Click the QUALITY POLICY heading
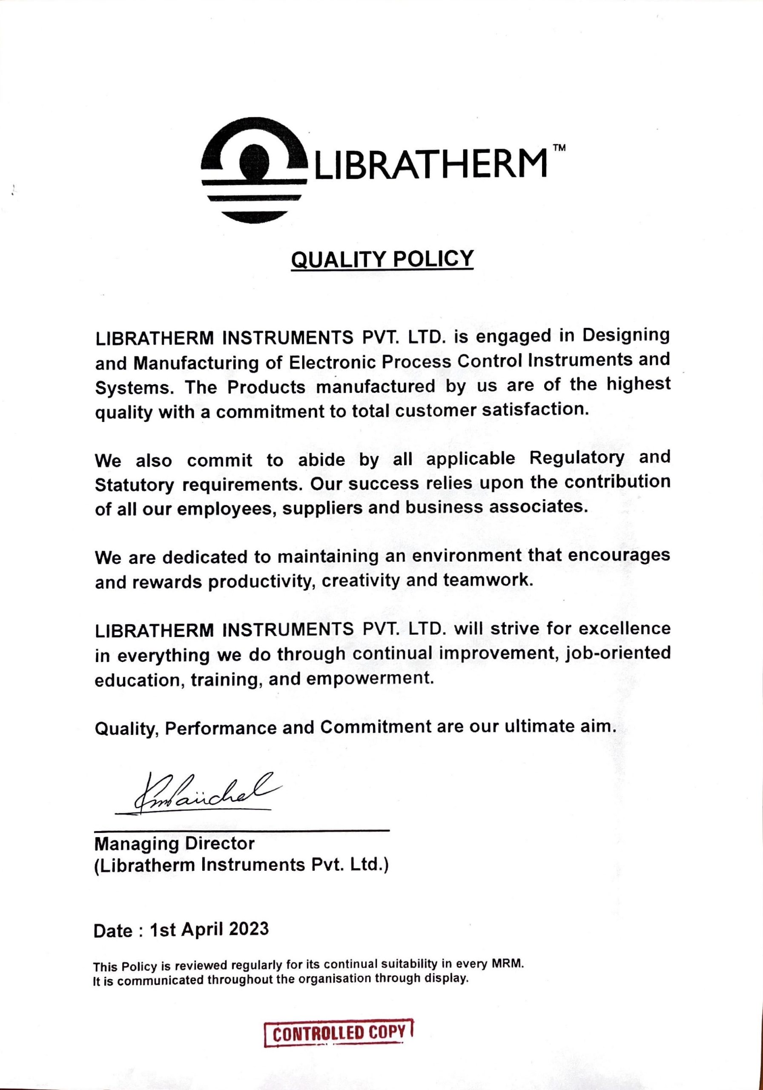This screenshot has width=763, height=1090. pyautogui.click(x=382, y=259)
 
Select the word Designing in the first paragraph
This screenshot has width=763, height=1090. pyautogui.click(x=626, y=336)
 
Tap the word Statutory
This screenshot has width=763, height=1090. pyautogui.click(x=135, y=485)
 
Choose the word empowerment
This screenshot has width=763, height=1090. pyautogui.click(x=370, y=679)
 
